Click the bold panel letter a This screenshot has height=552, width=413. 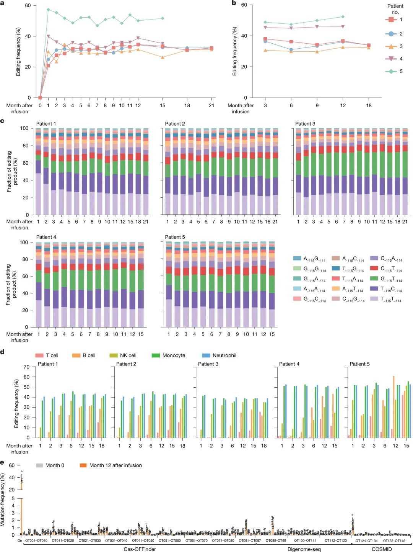[x=2, y=3]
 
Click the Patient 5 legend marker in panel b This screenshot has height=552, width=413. [x=391, y=71]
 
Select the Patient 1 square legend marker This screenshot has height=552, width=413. [x=391, y=20]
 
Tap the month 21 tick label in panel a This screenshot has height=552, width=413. [x=211, y=105]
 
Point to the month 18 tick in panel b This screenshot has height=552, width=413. [x=369, y=105]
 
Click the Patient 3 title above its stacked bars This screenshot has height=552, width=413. [x=305, y=124]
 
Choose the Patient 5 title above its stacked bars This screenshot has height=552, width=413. [x=175, y=237]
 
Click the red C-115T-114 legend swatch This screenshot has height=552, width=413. [x=374, y=268]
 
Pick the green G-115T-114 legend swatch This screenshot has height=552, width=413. [x=374, y=278]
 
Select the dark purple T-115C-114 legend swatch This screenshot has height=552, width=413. [x=374, y=288]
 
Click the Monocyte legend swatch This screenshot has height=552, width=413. [x=156, y=355]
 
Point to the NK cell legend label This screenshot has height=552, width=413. [x=128, y=355]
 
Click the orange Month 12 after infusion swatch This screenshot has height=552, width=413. [x=83, y=465]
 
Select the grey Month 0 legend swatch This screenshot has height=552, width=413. [x=39, y=465]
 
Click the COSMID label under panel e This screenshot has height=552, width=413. [x=381, y=549]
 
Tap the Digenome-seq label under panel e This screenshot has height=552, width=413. [x=304, y=549]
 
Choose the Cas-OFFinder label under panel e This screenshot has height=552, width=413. [x=140, y=549]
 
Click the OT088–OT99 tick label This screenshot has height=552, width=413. [x=276, y=541]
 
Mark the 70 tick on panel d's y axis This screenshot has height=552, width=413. [x=26, y=367]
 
